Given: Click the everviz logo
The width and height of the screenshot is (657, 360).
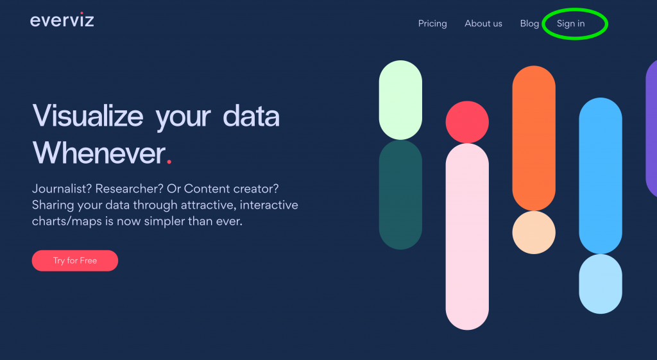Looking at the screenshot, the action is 62,20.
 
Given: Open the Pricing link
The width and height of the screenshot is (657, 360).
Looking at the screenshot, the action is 432,24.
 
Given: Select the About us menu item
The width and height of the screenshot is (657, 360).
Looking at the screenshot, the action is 483,24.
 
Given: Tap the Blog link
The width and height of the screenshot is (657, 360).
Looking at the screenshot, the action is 529,24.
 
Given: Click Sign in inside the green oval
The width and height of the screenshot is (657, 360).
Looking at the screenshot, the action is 570,24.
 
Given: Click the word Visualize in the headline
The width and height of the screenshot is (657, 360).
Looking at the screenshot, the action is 87,116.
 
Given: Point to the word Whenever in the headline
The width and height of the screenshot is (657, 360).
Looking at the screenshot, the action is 99,153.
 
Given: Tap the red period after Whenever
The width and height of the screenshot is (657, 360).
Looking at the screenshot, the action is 169,161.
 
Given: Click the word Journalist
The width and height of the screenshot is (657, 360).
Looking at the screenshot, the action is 62,189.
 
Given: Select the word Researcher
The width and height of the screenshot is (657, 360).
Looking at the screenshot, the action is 129,189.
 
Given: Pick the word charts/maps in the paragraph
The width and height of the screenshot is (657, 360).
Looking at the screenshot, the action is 67,221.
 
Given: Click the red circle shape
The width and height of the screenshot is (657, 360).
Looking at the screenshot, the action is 467,123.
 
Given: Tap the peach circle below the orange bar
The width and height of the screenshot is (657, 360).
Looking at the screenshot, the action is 534,232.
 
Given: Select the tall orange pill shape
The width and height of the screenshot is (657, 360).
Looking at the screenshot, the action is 534,139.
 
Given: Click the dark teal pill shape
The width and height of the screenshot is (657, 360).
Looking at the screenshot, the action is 400,195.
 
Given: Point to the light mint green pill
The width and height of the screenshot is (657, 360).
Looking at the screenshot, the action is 400,100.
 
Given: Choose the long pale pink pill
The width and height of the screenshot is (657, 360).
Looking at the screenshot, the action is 467,237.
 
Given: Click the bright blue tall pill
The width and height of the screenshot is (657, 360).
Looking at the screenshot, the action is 601,176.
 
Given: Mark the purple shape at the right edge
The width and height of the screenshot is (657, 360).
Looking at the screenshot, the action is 652,128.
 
